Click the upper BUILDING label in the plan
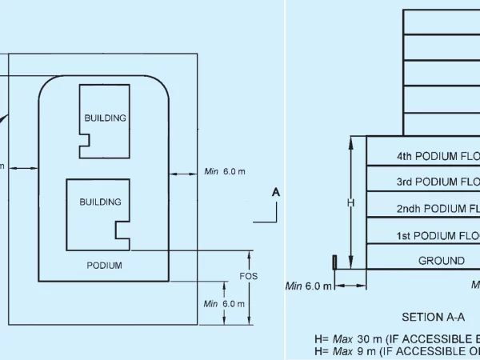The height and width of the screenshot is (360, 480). (x=105, y=118)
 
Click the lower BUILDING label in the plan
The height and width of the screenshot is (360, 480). (x=100, y=202)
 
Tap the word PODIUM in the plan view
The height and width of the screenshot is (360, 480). (x=104, y=266)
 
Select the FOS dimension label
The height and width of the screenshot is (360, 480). (x=249, y=277)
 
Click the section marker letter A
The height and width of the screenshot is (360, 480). (x=276, y=192)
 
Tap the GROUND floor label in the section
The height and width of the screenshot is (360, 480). (x=441, y=261)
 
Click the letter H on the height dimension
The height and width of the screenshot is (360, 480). (x=350, y=203)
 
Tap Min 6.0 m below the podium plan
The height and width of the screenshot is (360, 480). (x=224, y=304)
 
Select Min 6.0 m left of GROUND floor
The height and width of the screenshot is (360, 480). (x=307, y=286)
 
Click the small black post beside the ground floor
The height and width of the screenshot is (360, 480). (x=334, y=262)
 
